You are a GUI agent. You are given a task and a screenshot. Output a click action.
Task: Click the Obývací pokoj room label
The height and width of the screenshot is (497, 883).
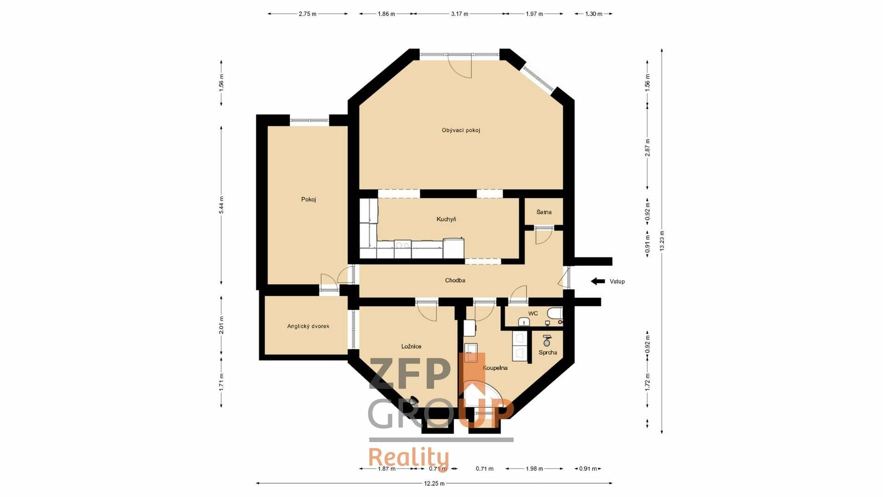pos(461,130)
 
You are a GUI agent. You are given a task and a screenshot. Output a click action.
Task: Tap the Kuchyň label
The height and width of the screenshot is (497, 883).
pos(446,219)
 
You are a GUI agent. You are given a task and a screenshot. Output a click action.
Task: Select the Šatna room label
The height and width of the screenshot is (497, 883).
pos(544,212)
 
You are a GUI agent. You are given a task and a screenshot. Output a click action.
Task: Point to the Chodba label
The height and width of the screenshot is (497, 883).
pos(455,280)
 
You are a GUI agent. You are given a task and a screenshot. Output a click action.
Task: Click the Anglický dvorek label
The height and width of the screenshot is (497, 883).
pos(308,326)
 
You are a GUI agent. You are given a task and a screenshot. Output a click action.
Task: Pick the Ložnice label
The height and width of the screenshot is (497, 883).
pos(411,347)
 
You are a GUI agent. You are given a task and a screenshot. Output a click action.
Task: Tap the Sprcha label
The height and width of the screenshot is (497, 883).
pos(548,353)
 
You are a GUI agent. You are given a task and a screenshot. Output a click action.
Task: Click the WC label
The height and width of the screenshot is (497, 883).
pos(533,313)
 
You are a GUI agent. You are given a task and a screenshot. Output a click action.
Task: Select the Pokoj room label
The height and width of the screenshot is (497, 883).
pos(309,199)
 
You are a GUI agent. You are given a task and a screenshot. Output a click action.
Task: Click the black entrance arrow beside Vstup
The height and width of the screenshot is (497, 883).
pos(598,281)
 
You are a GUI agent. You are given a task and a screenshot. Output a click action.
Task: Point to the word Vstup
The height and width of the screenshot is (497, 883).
pos(617,282)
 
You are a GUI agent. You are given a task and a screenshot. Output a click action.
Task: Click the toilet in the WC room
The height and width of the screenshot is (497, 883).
pos(554,314)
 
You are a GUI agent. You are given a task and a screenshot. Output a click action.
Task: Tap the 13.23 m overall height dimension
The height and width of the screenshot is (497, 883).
pos(662,241)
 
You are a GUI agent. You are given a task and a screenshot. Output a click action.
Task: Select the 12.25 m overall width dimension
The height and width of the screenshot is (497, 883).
pos(434,483)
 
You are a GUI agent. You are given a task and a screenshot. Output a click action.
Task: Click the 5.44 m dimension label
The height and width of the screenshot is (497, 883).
pos(221,205)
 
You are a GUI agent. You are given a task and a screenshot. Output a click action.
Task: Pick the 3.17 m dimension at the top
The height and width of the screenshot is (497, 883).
pos(459,14)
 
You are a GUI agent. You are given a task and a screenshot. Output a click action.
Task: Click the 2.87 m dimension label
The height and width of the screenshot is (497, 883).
pos(647,147)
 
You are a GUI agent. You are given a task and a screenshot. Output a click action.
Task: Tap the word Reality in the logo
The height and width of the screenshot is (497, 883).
pos(408,458)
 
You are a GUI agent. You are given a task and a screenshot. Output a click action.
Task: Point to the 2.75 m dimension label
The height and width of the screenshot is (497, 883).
pos(308,14)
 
